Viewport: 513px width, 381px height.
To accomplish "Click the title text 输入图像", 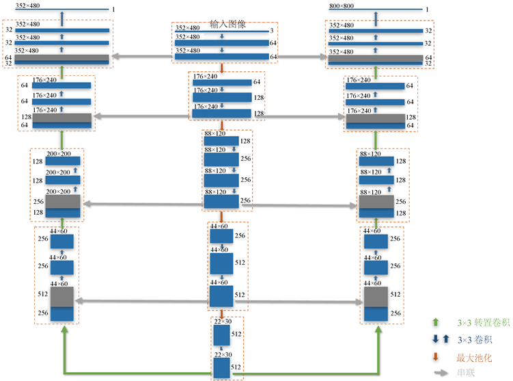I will (x=228, y=24).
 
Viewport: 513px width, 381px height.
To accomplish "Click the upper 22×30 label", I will (x=222, y=321).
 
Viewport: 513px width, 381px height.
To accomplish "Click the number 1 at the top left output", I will (x=112, y=9).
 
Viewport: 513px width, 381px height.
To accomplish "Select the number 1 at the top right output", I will (x=428, y=10).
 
